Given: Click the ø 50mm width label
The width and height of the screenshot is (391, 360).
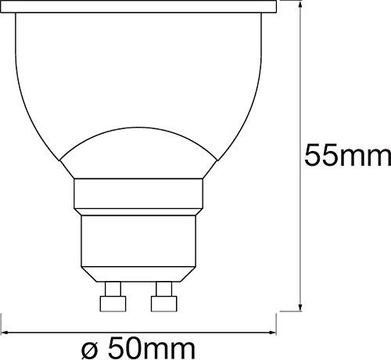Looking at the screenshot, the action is point(138,348).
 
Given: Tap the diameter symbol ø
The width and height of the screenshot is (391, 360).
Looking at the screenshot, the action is point(90,351).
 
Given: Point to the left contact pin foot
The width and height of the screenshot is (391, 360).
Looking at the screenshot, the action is point(113,304).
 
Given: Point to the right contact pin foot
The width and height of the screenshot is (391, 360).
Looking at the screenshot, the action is point(164,304).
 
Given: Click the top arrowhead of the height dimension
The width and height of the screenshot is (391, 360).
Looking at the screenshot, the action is point(300,5).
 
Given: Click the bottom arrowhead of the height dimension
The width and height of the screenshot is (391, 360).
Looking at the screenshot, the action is point(300,306).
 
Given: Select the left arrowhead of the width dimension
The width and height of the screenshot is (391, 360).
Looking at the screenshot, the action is point(5,333).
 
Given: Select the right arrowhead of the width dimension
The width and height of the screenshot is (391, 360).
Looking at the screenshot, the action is point(271,333).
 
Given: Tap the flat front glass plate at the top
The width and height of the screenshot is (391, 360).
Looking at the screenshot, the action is point(138,7).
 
